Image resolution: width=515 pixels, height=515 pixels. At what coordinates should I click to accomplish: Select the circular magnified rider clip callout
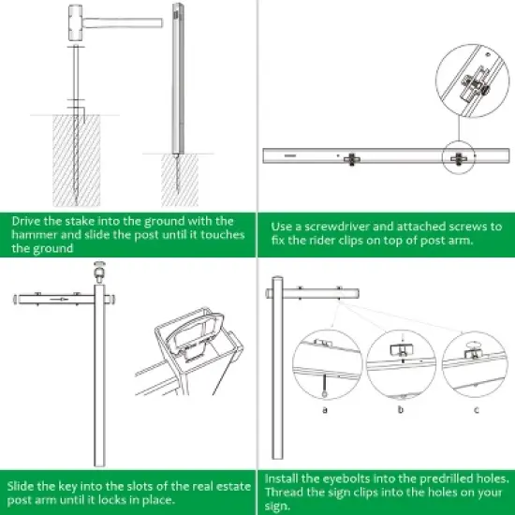(463, 81)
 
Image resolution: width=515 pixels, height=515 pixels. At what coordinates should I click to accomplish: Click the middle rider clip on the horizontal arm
(353, 158)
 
